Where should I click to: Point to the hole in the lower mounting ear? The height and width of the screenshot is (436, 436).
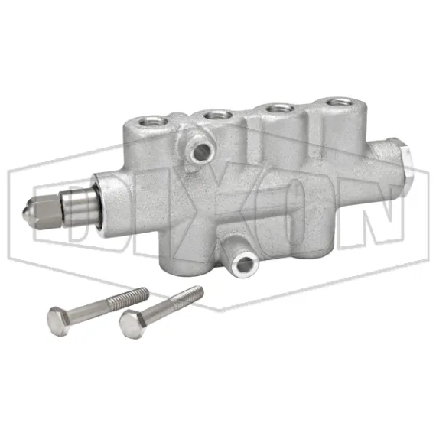pos(244,265)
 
